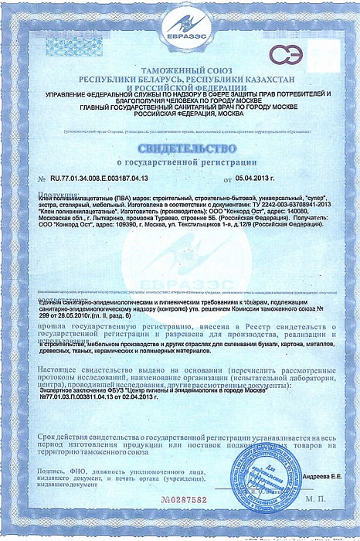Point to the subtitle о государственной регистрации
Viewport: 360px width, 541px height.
180,163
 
